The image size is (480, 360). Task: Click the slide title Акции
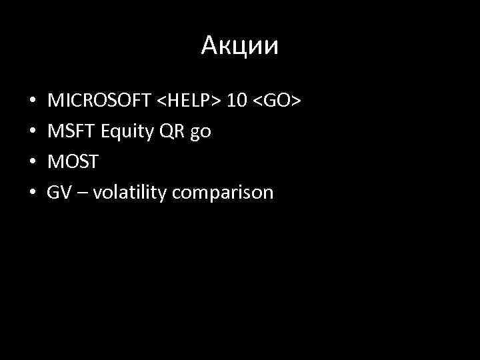(x=240, y=46)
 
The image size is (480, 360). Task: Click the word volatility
(x=130, y=193)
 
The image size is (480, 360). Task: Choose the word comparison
(x=223, y=193)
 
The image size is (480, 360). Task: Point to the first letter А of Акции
(x=209, y=46)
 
